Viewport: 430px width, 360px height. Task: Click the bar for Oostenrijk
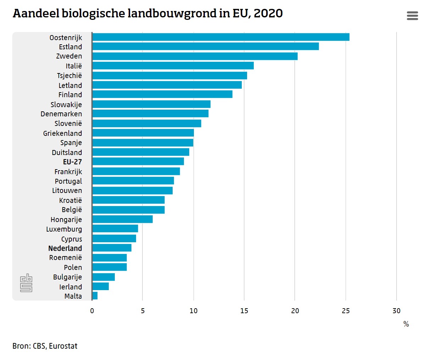coord(220,37)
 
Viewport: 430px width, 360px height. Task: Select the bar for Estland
coord(205,46)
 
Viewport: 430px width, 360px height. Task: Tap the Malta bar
coord(95,296)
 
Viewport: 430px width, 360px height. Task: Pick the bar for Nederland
coord(112,248)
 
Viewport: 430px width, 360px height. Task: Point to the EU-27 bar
coord(138,161)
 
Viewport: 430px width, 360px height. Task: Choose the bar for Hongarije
coord(122,219)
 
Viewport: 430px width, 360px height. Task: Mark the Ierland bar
coord(100,286)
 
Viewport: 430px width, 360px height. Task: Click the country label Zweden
coord(69,56)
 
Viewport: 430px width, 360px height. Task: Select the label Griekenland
coord(63,133)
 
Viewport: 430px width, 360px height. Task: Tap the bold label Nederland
coord(65,248)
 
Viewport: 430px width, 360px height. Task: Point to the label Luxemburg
coord(64,229)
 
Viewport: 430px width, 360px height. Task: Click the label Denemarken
coord(61,114)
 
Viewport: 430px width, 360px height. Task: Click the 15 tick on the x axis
coord(244,311)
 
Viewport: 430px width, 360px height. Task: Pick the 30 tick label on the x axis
coord(396,311)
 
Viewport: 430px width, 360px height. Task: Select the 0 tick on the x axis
coord(92,311)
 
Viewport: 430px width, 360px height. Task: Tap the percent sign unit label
coord(406,324)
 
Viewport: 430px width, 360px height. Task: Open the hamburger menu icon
coord(412,16)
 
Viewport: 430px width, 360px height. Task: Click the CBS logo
coord(26,283)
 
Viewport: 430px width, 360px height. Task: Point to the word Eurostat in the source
coord(63,346)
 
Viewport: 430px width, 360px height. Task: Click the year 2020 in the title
coord(268,13)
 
